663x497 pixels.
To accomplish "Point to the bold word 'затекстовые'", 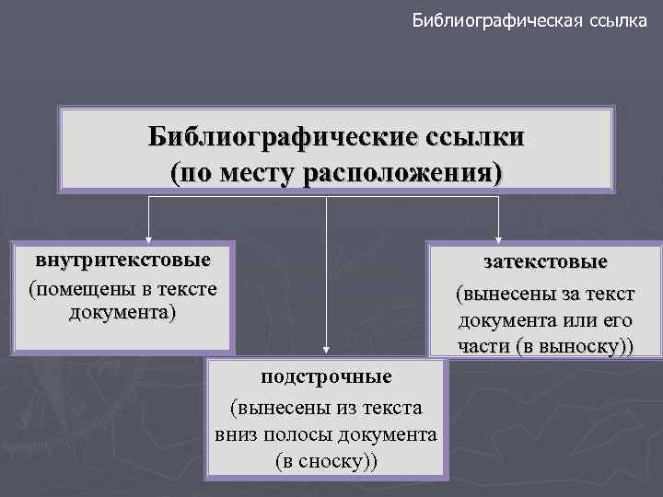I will [x=545, y=262].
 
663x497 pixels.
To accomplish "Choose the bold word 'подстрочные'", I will [x=326, y=376].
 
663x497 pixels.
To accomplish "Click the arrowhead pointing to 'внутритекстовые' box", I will [x=149, y=237].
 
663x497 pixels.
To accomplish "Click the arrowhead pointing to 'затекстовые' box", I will [x=498, y=237].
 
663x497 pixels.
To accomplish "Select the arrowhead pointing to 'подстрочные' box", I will [x=325, y=352].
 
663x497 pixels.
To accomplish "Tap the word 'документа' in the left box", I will [x=122, y=313].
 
